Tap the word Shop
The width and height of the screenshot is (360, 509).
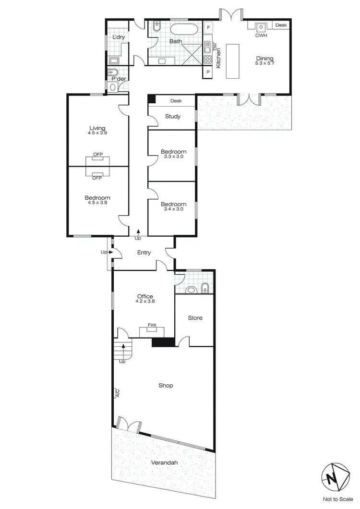166,385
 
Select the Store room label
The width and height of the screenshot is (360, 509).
195,318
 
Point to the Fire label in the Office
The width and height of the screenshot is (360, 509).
152,326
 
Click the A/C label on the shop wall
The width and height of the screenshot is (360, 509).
117,393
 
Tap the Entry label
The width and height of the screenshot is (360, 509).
144,253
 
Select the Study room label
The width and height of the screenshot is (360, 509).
173,116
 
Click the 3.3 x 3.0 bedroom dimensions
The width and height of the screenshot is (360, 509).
173,157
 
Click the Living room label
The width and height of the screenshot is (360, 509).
97,128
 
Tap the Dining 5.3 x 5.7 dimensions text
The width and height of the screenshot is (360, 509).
264,63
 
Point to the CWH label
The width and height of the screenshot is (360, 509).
261,36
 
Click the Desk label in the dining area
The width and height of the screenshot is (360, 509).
281,25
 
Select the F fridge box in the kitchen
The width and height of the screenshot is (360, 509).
208,27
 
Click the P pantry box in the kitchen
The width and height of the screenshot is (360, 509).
208,73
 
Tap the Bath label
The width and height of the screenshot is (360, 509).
175,41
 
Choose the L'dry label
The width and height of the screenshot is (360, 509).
118,37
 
